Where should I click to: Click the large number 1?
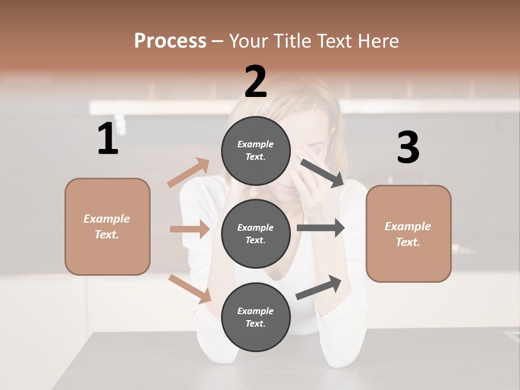(x=108, y=139)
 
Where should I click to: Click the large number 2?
(x=256, y=82)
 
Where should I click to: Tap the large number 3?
(x=408, y=148)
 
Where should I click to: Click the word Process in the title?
(x=170, y=41)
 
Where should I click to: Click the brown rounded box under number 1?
(x=107, y=226)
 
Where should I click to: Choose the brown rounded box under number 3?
(x=408, y=233)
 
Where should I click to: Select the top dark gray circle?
(x=256, y=151)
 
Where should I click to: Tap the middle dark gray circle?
(x=256, y=233)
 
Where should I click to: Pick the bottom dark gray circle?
(x=256, y=317)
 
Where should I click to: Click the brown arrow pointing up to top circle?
(x=188, y=173)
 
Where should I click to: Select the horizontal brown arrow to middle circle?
(x=190, y=229)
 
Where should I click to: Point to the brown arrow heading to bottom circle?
(x=190, y=289)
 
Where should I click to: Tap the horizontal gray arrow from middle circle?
(x=321, y=227)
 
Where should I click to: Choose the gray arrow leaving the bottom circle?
(x=318, y=287)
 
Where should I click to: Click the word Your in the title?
(x=250, y=41)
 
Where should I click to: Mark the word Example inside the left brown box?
(x=107, y=219)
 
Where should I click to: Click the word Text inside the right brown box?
(x=407, y=242)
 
